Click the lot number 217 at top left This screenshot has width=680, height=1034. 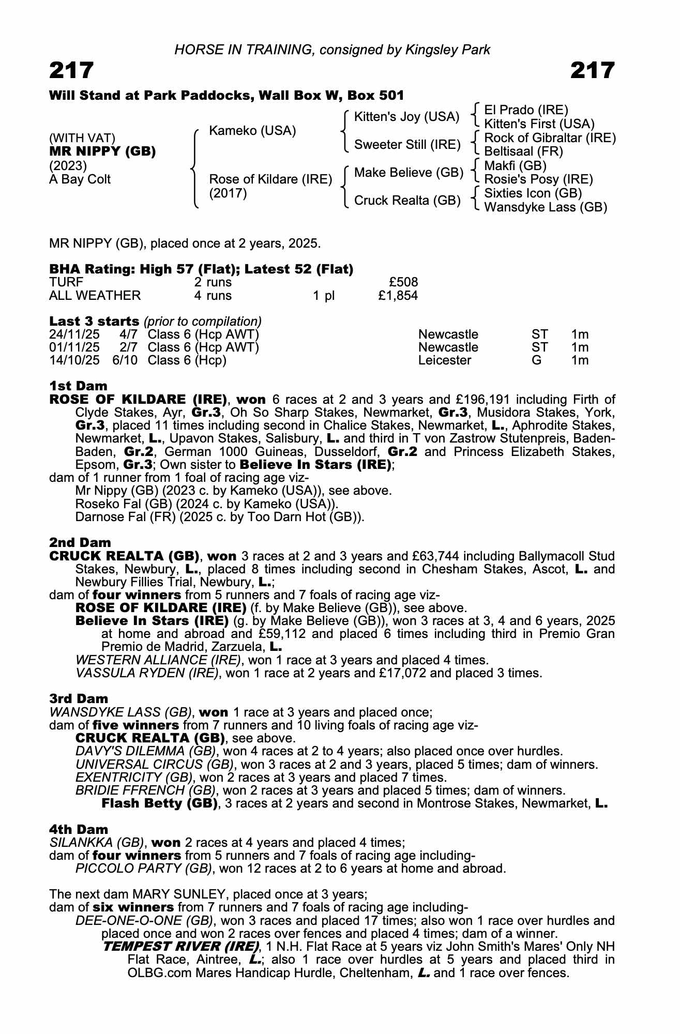71,70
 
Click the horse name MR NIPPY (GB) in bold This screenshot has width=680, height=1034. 102,152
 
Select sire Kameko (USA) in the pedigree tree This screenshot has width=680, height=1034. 252,131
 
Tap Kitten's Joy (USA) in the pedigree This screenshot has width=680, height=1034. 406,117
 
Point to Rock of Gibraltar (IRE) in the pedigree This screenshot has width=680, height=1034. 550,138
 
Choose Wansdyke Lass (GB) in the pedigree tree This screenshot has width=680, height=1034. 546,207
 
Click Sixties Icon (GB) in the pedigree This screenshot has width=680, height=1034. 533,193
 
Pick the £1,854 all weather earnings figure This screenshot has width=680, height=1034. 398,296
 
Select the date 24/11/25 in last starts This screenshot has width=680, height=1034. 74,334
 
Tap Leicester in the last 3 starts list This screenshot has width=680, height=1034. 445,360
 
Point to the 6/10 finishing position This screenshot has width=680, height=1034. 125,360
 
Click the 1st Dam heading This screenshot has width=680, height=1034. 78,386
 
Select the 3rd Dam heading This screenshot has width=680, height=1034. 79,699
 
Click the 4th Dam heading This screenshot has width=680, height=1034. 79,829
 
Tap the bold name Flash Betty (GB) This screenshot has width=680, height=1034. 159,803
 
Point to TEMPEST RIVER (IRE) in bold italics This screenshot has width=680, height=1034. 180,947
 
